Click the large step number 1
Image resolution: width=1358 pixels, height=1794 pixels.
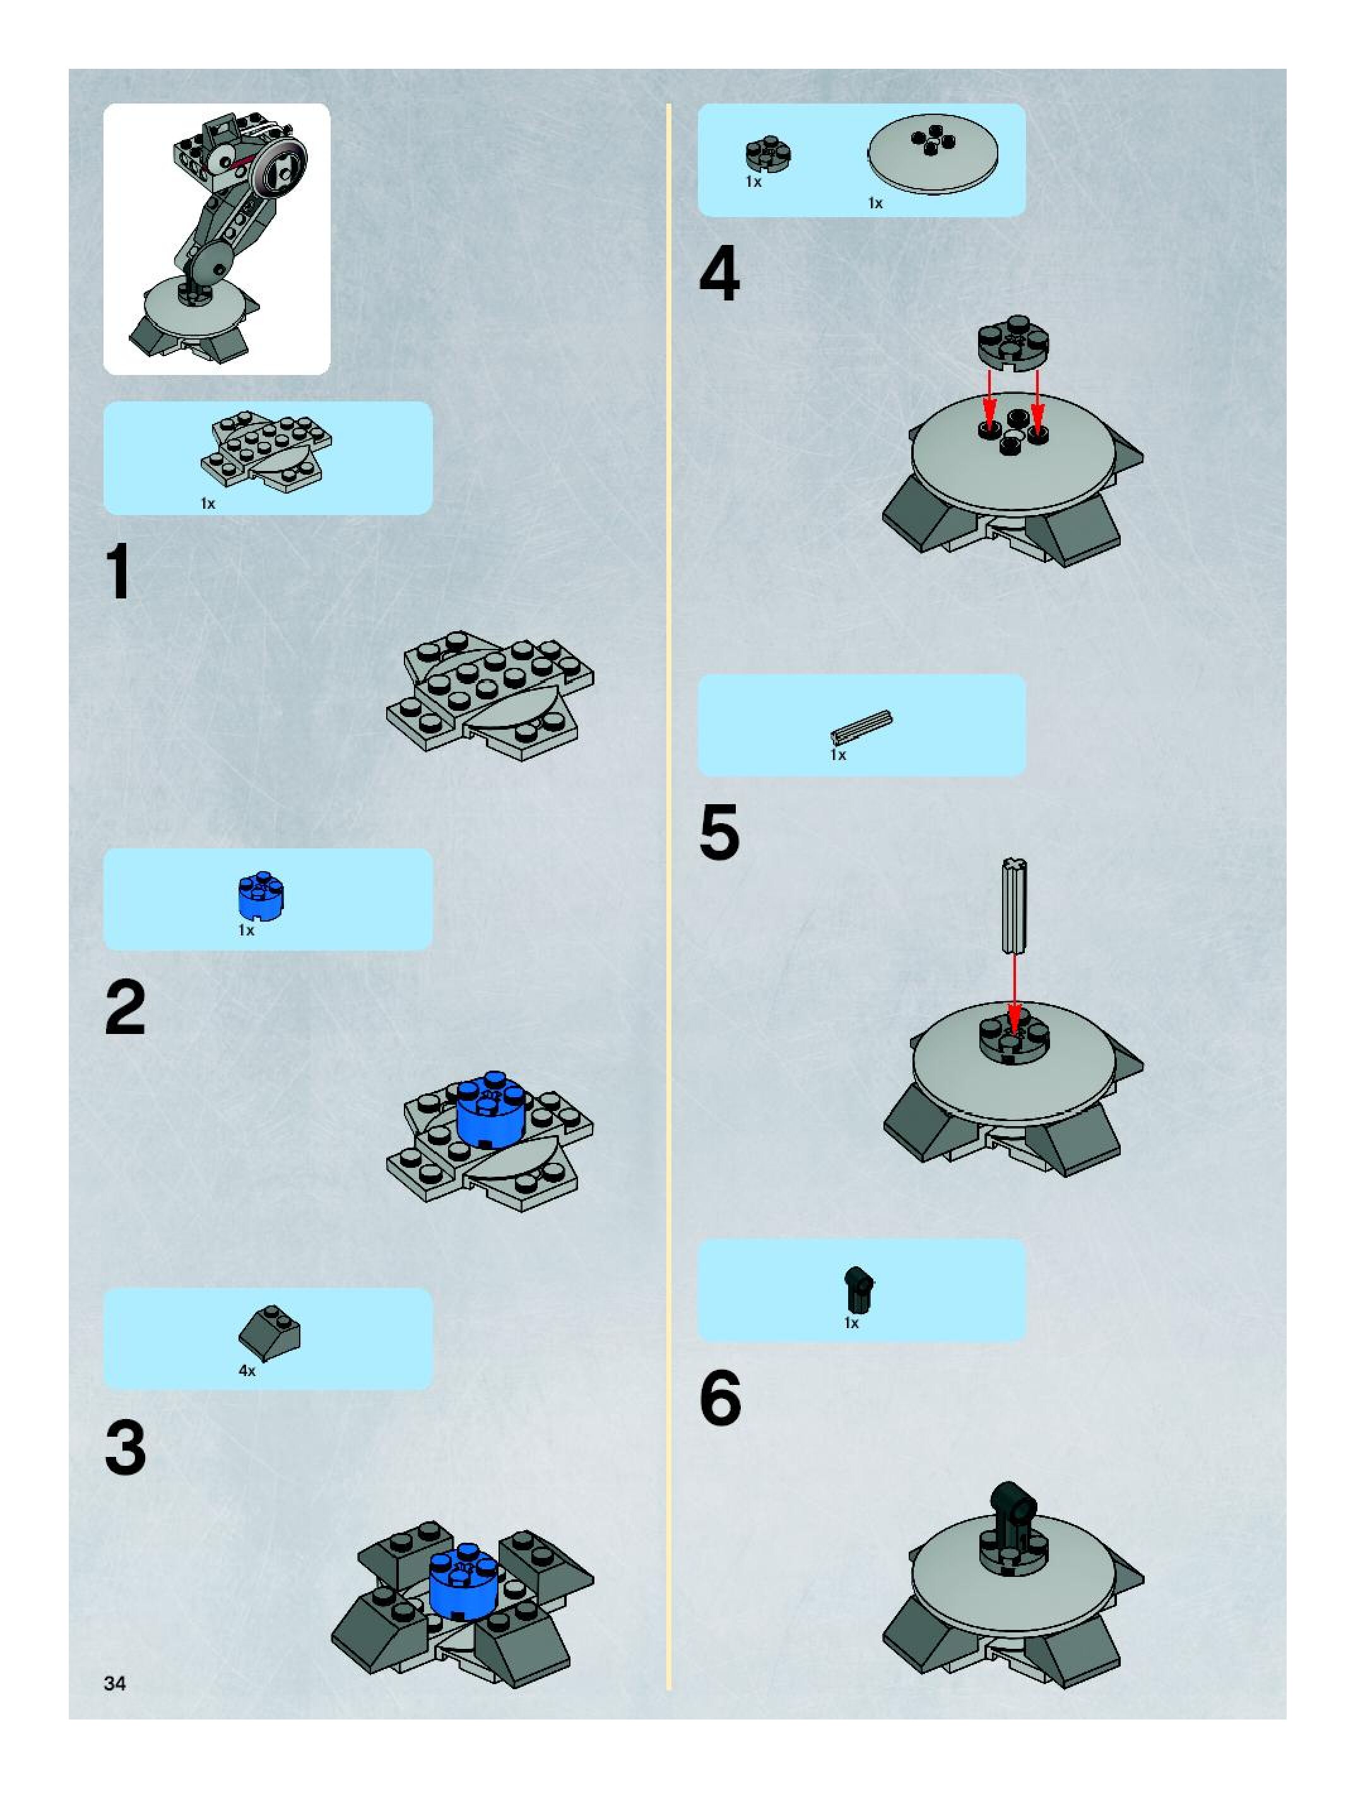(119, 573)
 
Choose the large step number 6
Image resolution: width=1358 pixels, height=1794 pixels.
(720, 1398)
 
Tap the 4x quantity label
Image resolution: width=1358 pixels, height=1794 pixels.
(247, 1370)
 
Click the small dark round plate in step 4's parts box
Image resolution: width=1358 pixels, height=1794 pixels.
(769, 155)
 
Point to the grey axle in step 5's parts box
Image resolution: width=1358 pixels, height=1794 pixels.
(861, 726)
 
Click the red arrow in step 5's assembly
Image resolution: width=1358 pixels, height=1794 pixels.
(1013, 993)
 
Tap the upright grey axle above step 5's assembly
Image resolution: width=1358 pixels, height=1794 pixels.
(1013, 905)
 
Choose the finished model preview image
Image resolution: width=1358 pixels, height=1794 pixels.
(216, 239)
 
